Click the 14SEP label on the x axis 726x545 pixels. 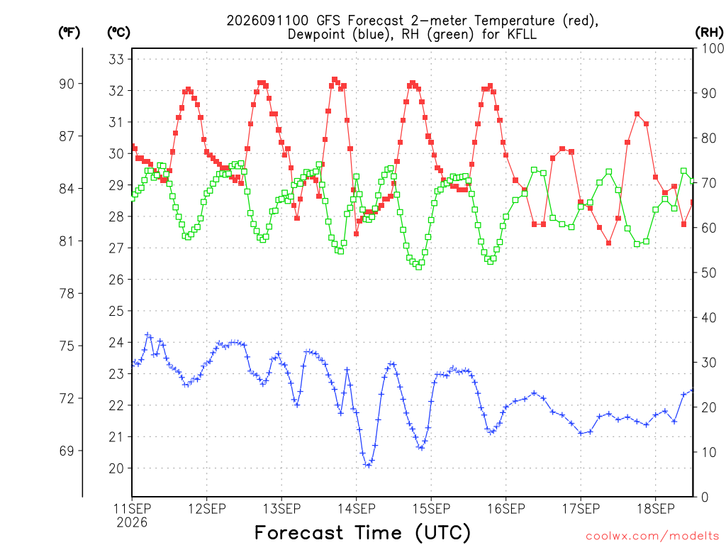[x=357, y=509]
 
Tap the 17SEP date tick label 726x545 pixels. [x=581, y=509]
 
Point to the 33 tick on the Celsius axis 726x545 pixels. [x=116, y=60]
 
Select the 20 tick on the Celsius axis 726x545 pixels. [x=116, y=468]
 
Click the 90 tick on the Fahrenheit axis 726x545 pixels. [x=67, y=84]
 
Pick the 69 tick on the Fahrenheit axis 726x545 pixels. [x=67, y=451]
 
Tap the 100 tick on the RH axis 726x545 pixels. [x=713, y=48]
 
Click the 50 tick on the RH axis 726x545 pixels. [x=709, y=272]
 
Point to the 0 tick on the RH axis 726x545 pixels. [x=705, y=497]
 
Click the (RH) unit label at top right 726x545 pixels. [x=709, y=32]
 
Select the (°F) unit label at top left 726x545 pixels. [x=69, y=33]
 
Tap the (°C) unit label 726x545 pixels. [x=118, y=33]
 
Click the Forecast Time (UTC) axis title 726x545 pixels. [x=362, y=533]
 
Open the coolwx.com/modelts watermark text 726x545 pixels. [x=652, y=536]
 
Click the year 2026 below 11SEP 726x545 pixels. [x=132, y=523]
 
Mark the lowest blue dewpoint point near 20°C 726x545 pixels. [x=369, y=465]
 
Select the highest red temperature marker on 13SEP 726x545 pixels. [x=335, y=79]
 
